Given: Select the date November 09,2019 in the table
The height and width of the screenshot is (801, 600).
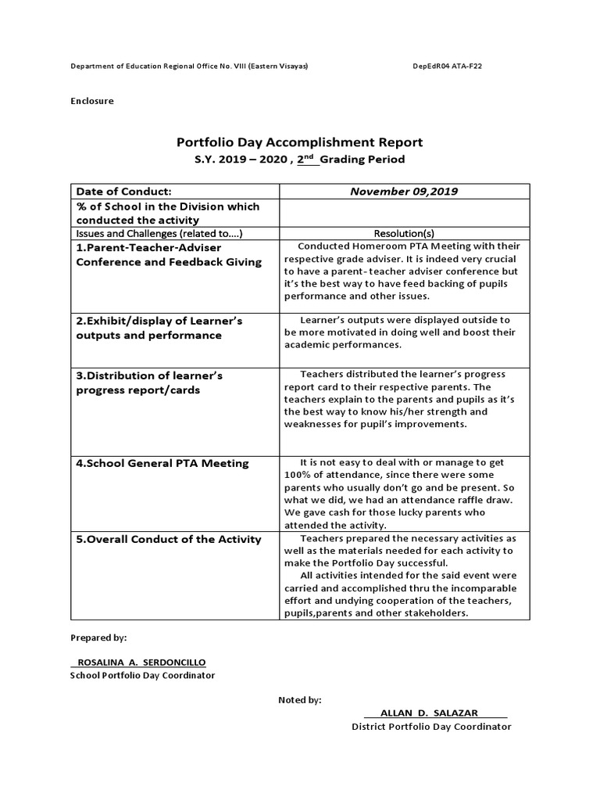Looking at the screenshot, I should tap(404, 191).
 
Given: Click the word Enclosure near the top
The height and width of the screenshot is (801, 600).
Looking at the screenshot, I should tap(92, 101).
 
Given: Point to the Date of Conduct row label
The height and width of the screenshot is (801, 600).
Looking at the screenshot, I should tap(123, 191).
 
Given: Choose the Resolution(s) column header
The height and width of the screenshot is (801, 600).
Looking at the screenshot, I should tap(404, 233).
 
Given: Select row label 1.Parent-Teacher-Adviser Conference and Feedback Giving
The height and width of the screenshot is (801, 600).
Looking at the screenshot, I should tap(168, 254).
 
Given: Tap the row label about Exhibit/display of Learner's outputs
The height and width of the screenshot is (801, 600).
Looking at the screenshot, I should tap(159, 328).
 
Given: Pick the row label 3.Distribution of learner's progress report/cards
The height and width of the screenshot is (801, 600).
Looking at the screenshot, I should tap(148, 383).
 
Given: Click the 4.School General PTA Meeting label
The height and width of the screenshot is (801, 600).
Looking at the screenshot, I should tap(162, 463).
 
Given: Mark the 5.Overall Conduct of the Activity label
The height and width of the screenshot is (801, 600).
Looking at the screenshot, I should tap(168, 540).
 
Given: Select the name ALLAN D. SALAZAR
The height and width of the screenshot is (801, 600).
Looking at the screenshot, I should tap(429, 713).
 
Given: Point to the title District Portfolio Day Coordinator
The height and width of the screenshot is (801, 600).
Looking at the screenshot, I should tap(431, 727).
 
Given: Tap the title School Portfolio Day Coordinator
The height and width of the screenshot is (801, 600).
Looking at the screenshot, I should tap(142, 675).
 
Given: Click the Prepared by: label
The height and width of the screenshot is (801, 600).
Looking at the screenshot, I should tap(98, 638).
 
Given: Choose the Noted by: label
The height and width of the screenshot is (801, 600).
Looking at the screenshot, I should tap(300, 700).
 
